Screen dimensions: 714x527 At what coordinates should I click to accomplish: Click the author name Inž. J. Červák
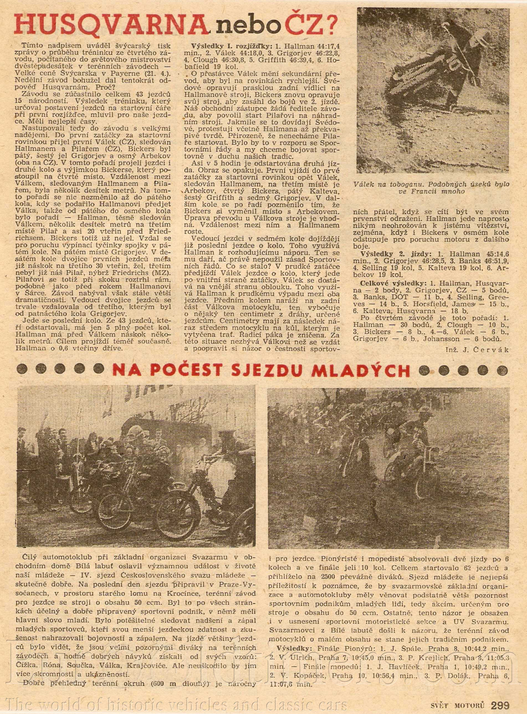pyautogui.click(x=477, y=349)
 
